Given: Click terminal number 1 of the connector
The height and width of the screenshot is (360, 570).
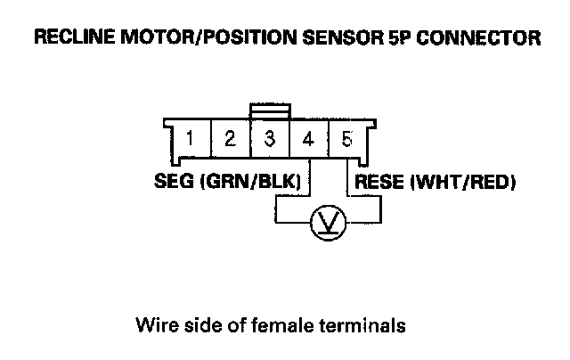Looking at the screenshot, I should tap(191, 140).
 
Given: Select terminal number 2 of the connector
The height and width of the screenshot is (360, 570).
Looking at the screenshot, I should tap(230, 140).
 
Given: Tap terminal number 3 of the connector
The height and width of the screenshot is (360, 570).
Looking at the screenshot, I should tap(269, 140).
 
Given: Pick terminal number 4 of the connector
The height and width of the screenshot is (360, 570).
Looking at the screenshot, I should tap(308, 140).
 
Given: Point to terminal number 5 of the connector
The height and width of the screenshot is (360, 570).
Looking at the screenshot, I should tap(346, 140).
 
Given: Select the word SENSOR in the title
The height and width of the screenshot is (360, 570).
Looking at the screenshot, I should tap(353, 38).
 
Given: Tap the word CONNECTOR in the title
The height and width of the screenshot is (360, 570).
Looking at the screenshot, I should tap(481, 38).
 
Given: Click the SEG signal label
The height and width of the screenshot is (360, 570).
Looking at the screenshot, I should tap(174, 183).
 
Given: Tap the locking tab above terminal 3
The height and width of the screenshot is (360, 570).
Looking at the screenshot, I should tap(269, 110).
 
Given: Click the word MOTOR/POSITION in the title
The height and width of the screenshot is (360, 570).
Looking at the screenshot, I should tap(199, 38).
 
